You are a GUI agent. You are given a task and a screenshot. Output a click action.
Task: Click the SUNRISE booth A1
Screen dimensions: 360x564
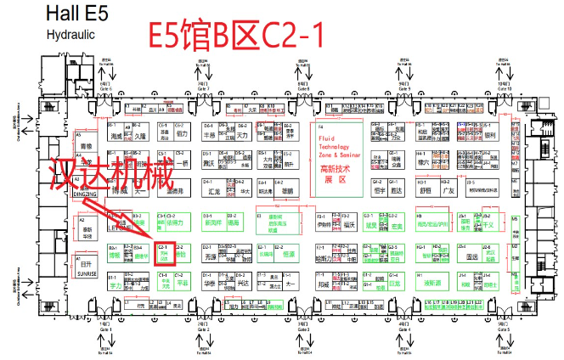pyautogui.click(x=85, y=272)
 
